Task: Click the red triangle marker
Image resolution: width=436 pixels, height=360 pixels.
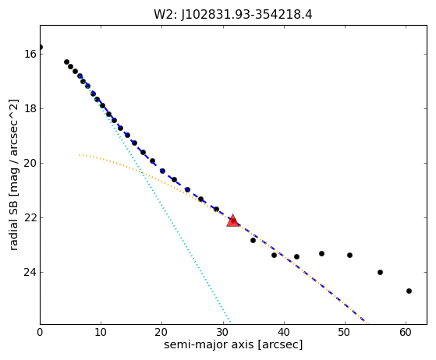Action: click(x=233, y=221)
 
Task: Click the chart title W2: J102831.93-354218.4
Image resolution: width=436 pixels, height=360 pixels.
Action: click(x=233, y=15)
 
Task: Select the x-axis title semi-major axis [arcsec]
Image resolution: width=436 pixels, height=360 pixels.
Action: click(x=233, y=344)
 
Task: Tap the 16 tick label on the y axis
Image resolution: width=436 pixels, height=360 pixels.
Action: click(x=30, y=54)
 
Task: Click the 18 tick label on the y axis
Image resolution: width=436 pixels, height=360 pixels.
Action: click(x=30, y=108)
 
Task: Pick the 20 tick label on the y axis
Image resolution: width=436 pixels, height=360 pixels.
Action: click(x=30, y=163)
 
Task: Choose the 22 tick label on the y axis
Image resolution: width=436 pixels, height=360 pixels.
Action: click(x=30, y=217)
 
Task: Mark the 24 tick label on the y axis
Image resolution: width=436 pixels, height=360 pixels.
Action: click(x=30, y=272)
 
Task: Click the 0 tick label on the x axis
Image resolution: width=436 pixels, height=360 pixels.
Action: click(x=40, y=332)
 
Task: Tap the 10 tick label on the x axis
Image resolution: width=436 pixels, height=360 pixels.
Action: click(x=101, y=332)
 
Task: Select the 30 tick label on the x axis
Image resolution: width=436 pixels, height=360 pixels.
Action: click(x=223, y=332)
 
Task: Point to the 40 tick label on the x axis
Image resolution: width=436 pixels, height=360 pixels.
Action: click(x=284, y=332)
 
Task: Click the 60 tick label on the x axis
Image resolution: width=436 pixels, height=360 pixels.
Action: click(x=406, y=332)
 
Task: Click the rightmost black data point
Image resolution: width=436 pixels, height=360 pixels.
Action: click(x=409, y=291)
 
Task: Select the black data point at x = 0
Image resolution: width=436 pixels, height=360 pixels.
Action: click(x=41, y=48)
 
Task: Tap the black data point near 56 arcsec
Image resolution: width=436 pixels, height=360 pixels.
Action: click(x=380, y=272)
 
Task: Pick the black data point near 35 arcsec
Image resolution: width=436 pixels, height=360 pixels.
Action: click(x=253, y=240)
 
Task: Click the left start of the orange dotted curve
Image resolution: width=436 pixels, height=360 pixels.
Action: click(x=80, y=155)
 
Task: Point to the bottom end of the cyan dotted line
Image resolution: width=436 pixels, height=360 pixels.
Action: click(x=230, y=323)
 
